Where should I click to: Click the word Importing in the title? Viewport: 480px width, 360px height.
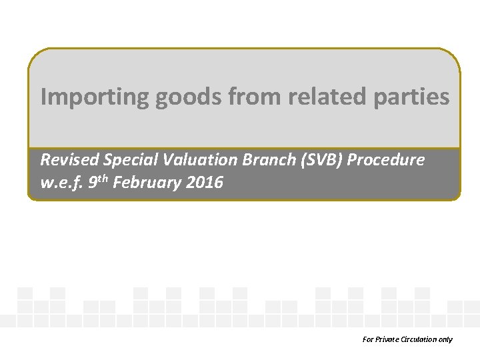click(95, 97)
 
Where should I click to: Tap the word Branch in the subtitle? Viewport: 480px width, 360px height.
click(251, 160)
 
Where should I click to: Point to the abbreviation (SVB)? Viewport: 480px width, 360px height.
click(301, 160)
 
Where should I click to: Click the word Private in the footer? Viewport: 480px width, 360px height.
click(387, 339)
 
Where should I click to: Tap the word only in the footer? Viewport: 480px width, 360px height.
click(446, 339)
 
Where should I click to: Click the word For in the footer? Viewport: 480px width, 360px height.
click(368, 339)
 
